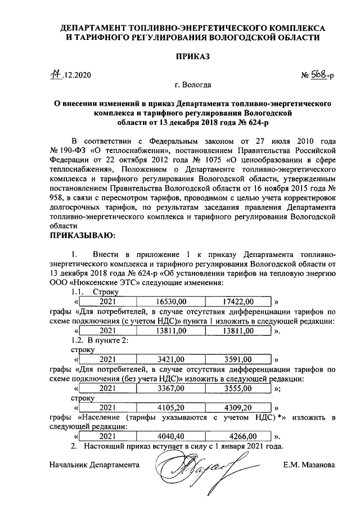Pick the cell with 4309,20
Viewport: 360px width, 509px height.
click(x=238, y=407)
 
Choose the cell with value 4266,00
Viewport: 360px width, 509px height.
click(x=238, y=436)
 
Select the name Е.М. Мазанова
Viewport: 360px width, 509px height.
click(x=309, y=465)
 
